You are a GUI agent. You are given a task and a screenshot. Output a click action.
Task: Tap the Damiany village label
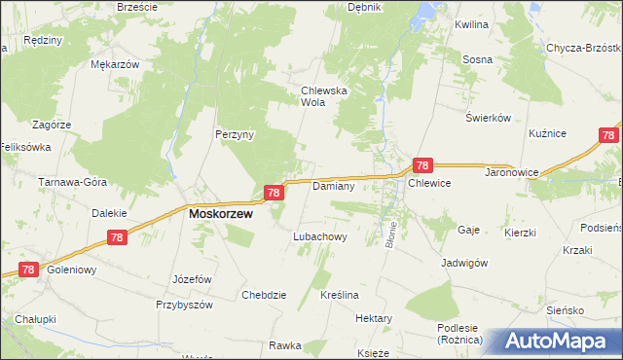[332, 185]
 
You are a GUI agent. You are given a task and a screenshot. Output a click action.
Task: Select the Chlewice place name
[429, 184]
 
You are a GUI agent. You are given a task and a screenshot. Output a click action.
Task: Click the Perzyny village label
[235, 135]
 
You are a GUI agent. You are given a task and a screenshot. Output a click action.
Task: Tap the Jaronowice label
[485, 183]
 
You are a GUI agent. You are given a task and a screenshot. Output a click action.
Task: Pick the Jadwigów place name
[463, 263]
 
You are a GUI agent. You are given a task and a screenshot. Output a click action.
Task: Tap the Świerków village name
[488, 118]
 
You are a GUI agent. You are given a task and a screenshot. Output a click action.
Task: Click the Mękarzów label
[115, 64]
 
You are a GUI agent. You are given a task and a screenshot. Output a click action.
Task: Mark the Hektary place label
[374, 318]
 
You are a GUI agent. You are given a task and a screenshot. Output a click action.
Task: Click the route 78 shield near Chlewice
[422, 166]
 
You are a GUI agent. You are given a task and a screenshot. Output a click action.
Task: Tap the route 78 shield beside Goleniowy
[28, 270]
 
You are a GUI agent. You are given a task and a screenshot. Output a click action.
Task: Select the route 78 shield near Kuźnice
[608, 136]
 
